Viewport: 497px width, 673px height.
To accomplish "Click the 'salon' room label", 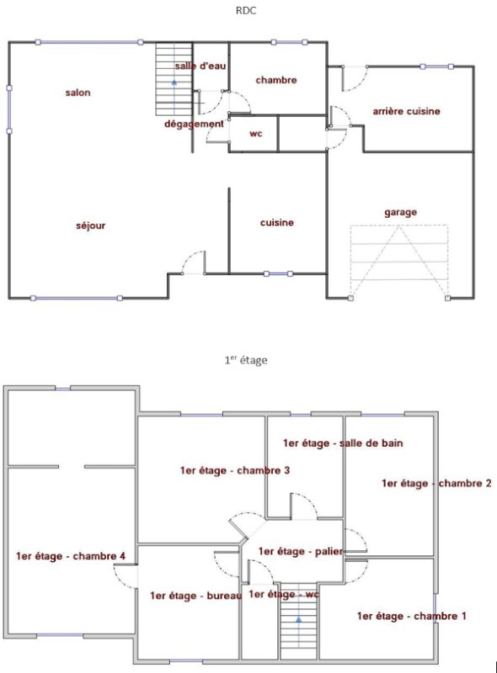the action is click(x=77, y=93).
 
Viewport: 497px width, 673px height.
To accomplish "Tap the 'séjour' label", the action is click(x=91, y=225).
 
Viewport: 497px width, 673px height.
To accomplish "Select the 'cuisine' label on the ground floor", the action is click(x=277, y=222).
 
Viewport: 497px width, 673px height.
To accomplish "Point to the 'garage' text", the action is click(x=401, y=213).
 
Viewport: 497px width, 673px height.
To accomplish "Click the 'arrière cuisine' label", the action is click(x=406, y=111).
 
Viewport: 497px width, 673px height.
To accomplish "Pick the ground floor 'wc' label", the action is click(x=256, y=134).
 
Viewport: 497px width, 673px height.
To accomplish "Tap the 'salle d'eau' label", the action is click(x=200, y=66).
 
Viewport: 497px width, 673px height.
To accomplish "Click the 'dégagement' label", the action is click(x=194, y=124).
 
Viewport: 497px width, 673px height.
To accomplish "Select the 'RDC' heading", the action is click(x=246, y=11).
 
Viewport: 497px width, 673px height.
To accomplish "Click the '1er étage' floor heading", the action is click(x=245, y=360).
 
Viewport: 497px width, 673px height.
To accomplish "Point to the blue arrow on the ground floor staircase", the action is click(x=174, y=82).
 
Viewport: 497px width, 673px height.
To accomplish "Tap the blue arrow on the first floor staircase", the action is click(x=298, y=619).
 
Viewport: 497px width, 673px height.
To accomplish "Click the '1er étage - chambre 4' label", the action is click(x=71, y=556).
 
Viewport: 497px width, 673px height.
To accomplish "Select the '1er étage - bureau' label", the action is click(x=195, y=596).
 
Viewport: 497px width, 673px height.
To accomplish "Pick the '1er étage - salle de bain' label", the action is click(x=343, y=443).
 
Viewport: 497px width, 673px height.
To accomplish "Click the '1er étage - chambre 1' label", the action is click(x=411, y=616).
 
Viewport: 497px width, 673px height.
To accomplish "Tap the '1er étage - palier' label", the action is click(x=301, y=551).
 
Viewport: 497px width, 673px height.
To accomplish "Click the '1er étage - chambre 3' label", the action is click(x=235, y=470).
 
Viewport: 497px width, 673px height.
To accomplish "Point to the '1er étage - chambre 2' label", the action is click(x=436, y=483).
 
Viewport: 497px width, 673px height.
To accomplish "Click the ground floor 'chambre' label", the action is click(x=276, y=80).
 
